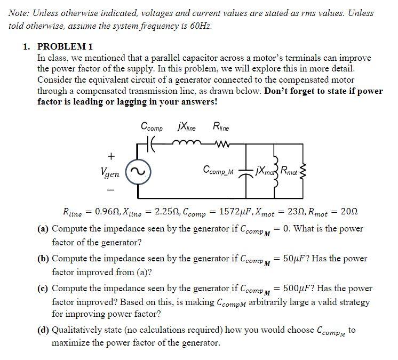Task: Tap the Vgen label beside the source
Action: click(109, 172)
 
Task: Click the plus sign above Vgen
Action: click(111, 156)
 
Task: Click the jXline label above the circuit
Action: click(186, 127)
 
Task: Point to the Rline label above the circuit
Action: click(221, 127)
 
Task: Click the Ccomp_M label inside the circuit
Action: click(219, 170)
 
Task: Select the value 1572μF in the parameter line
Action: click(217, 212)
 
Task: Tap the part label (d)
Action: click(43, 330)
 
